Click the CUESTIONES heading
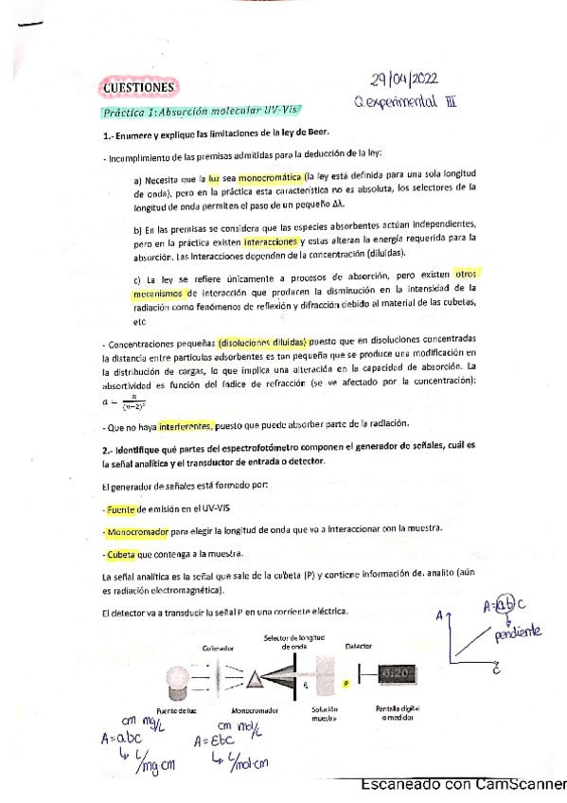(x=139, y=89)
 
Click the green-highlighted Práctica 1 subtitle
(x=171, y=112)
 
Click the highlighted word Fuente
(x=122, y=509)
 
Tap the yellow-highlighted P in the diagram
(x=346, y=682)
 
